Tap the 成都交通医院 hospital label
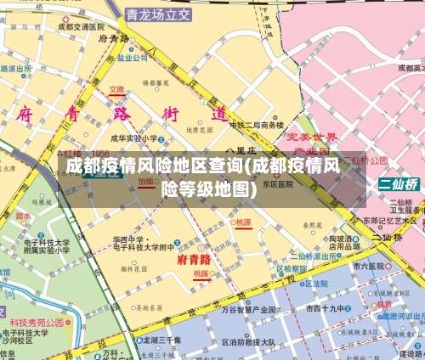coord(86,26)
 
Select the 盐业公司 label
coord(133,59)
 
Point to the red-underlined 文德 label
coord(116,89)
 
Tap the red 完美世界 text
coord(311,137)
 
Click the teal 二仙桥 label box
coord(399,184)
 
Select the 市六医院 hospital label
coord(372,266)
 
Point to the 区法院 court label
coord(316,284)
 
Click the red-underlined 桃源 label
coord(244,222)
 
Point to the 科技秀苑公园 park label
coord(37,323)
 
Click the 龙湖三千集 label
coord(161,339)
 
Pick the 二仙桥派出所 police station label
coord(320,255)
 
